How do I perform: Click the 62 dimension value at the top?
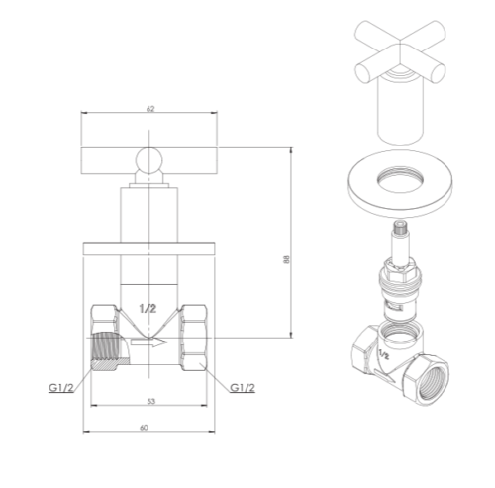[150, 108]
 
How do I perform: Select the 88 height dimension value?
[286, 259]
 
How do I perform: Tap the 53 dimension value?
[150, 401]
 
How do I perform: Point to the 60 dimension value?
[144, 428]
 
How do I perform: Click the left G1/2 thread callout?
[61, 388]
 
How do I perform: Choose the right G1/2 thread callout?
[243, 388]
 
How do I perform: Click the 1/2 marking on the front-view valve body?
[148, 309]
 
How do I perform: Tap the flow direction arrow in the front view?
[148, 342]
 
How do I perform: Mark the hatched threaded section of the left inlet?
[106, 350]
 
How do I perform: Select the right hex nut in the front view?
[193, 338]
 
